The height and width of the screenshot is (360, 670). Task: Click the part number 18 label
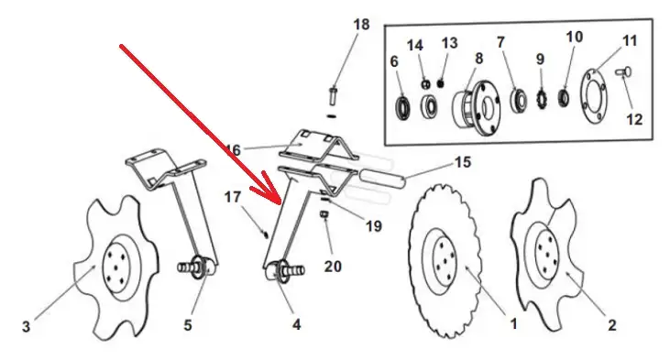pos(361,25)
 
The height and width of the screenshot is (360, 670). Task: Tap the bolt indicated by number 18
pos(333,96)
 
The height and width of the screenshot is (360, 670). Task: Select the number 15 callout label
pos(462,162)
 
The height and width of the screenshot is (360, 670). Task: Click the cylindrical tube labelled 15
pos(381,178)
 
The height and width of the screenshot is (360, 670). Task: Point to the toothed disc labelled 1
pos(445,260)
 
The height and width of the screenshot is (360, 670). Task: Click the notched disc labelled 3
pos(116,267)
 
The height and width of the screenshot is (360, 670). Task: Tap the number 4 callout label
pos(297,324)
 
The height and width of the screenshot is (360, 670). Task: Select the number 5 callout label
pos(188,325)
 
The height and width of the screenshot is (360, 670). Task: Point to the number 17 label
pos(233,197)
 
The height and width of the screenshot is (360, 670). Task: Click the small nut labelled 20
pos(324,213)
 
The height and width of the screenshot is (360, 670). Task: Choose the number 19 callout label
pos(373,226)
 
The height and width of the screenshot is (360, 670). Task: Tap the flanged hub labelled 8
pos(477,108)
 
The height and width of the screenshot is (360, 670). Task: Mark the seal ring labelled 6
pos(403,108)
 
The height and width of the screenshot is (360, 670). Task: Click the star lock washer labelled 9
pos(542,100)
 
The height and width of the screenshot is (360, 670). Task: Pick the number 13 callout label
pos(449,43)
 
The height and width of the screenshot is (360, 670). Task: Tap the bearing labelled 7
pos(519,101)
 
